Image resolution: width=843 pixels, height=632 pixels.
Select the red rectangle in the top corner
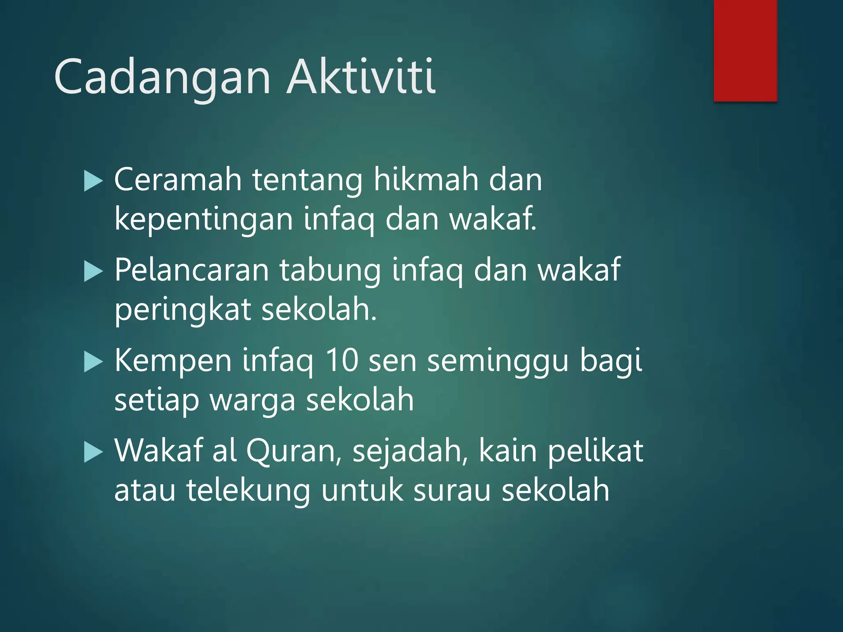tap(745, 50)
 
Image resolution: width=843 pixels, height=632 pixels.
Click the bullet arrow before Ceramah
tap(93, 181)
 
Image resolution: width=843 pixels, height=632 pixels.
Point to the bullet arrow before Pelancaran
tap(93, 272)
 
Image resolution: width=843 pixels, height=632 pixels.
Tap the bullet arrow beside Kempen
tap(93, 362)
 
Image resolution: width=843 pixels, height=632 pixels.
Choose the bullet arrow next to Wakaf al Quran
tap(93, 452)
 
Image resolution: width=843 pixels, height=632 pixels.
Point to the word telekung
tap(248, 491)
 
